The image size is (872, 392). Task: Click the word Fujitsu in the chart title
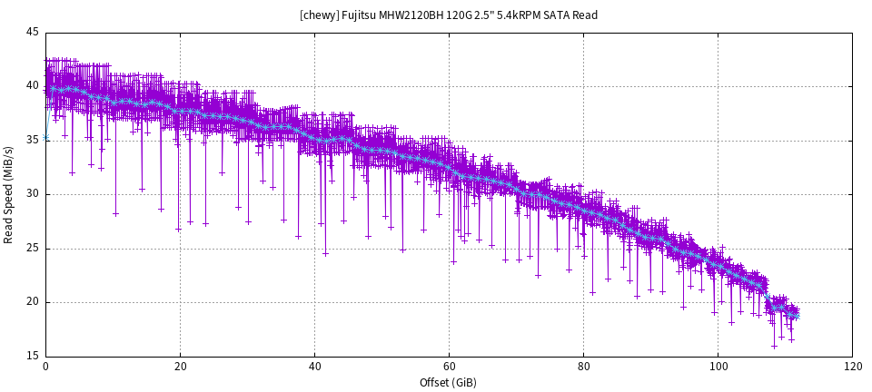(x=361, y=15)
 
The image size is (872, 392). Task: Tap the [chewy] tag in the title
(x=319, y=15)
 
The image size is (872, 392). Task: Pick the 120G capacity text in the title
(x=460, y=15)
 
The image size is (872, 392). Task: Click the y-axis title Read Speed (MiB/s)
(x=9, y=194)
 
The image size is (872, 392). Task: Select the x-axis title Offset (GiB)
(x=448, y=383)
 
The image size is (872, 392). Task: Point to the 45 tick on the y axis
(x=33, y=33)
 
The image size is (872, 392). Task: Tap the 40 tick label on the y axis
(x=33, y=86)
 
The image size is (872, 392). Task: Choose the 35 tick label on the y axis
(x=33, y=141)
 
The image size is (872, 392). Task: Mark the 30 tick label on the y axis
(x=33, y=194)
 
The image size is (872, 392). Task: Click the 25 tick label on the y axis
(x=33, y=249)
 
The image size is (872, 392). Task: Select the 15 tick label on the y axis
(x=33, y=356)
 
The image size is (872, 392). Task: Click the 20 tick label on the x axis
(x=180, y=367)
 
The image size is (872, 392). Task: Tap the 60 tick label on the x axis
(x=449, y=367)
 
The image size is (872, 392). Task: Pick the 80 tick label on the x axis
(x=583, y=367)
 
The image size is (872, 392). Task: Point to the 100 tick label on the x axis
(x=718, y=367)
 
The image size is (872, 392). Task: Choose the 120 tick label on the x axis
(x=852, y=367)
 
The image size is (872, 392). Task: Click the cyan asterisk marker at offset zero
(x=45, y=138)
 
